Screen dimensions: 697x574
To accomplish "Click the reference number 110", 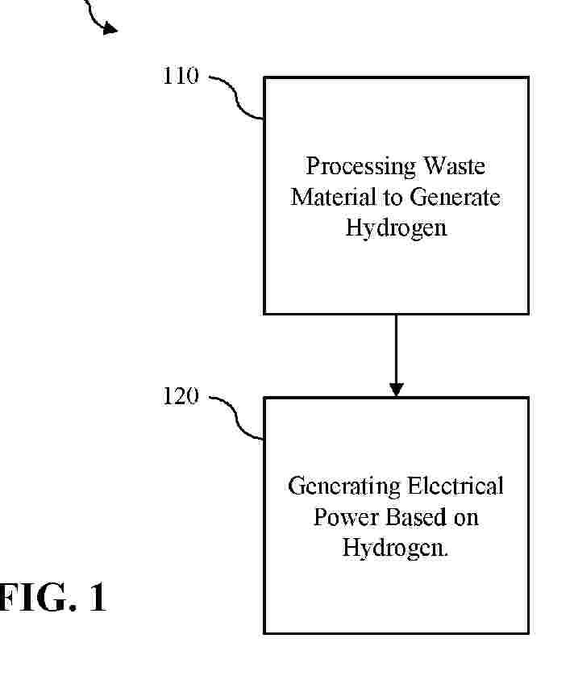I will (x=181, y=77).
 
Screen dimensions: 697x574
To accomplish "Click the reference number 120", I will (x=181, y=398).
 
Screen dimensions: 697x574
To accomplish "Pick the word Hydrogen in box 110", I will (x=396, y=227).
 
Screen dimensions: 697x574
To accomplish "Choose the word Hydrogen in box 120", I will (x=394, y=548).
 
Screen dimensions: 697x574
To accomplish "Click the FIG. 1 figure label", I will (x=52, y=599).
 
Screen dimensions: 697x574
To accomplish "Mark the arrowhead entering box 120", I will (x=396, y=389).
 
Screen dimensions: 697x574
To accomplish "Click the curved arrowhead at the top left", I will (x=109, y=29).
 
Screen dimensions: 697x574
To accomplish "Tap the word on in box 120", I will (x=466, y=517).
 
